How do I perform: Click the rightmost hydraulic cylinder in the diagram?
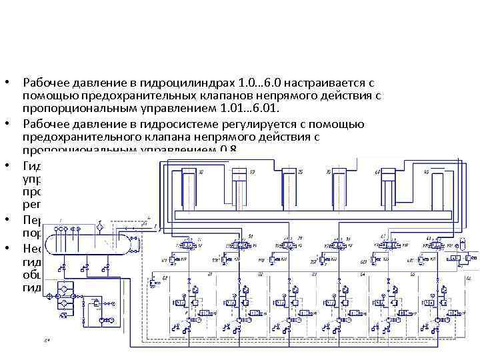pos(443,187)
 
